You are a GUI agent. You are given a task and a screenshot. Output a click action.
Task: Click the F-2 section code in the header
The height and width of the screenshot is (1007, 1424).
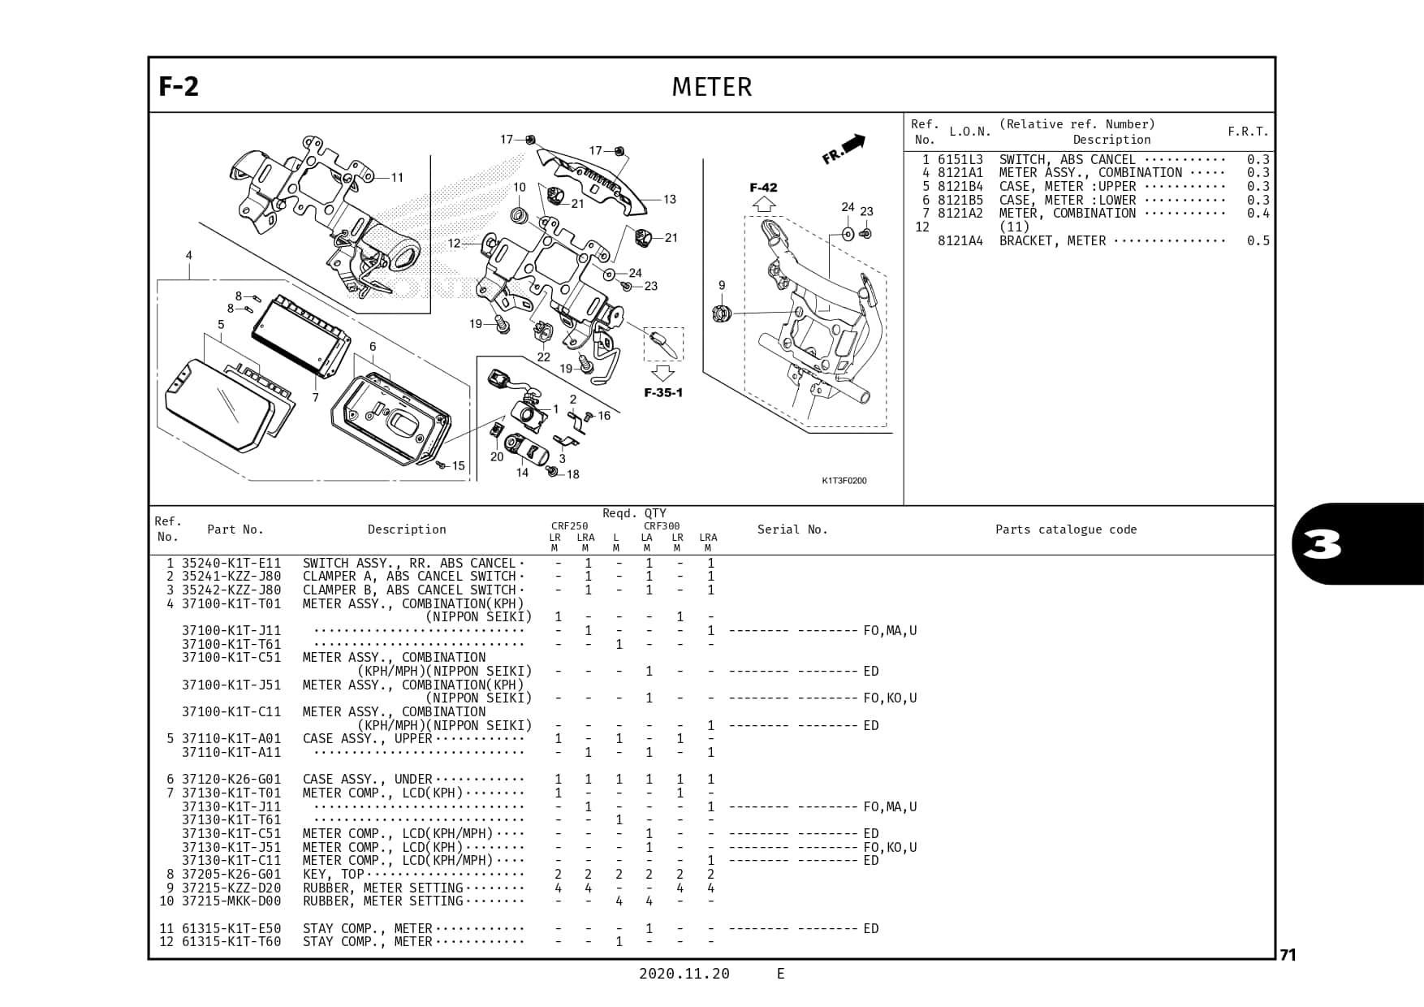(179, 86)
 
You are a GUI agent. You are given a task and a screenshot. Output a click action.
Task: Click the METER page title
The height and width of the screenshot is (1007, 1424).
(711, 87)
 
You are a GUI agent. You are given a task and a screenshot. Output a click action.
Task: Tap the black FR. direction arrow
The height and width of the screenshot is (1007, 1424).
(853, 144)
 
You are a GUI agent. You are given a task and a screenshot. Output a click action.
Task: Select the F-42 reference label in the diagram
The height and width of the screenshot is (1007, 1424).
(763, 188)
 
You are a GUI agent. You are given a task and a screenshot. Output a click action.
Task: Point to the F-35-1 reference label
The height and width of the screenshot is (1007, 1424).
(663, 393)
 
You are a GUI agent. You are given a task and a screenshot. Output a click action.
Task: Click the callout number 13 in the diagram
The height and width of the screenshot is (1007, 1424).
(669, 200)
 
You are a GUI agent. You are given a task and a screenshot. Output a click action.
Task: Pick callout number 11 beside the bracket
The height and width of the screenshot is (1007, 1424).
(397, 178)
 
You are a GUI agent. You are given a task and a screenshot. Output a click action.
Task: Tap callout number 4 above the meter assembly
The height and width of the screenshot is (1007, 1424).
(189, 255)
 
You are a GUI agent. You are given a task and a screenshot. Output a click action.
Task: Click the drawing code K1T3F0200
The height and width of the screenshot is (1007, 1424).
(844, 481)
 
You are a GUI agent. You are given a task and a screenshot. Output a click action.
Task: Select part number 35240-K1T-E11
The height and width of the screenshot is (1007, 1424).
(231, 563)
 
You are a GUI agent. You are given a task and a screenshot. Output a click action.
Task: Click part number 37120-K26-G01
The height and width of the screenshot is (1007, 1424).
(231, 779)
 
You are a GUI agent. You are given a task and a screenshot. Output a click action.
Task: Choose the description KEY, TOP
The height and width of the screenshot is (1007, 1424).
(333, 874)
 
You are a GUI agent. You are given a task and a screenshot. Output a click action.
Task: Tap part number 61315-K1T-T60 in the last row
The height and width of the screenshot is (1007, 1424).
(231, 942)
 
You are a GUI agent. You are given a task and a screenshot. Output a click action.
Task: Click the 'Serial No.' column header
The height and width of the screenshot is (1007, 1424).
(792, 529)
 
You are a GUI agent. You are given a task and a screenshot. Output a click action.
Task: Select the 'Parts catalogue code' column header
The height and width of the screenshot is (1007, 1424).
(1065, 529)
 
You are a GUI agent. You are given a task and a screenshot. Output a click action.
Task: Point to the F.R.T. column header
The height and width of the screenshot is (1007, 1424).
(1247, 132)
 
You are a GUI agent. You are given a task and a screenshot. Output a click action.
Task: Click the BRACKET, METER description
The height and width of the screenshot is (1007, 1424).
(1052, 241)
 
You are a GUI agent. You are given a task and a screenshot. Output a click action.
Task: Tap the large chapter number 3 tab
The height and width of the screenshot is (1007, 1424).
(1323, 545)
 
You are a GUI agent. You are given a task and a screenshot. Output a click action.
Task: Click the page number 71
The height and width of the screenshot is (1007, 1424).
(1288, 955)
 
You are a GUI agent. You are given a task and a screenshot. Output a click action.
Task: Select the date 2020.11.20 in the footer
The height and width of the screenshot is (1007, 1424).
(684, 974)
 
